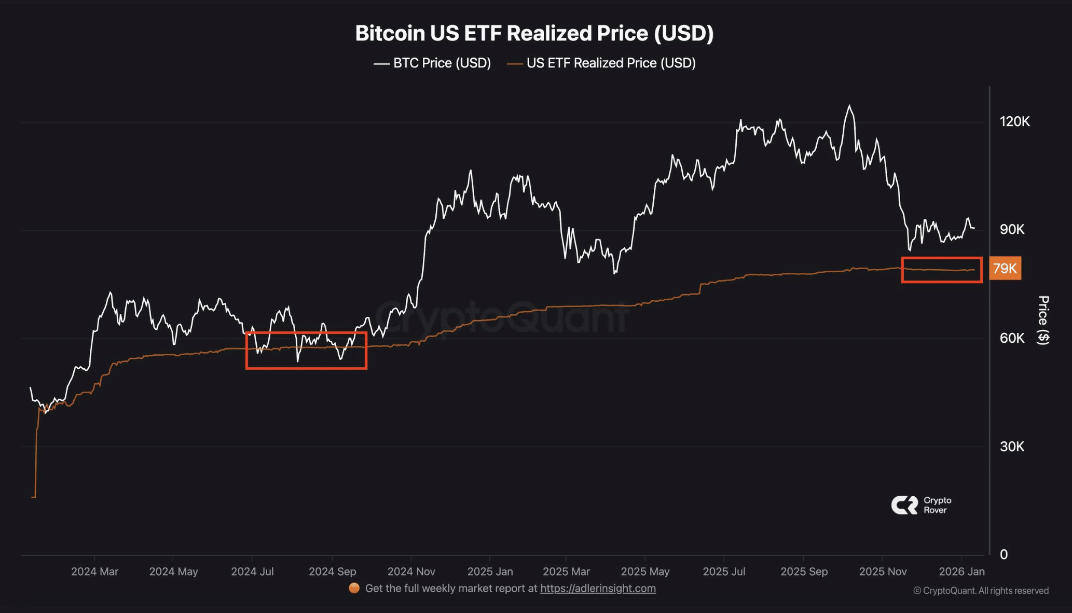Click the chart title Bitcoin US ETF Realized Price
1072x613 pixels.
coord(534,33)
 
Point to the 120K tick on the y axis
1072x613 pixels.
coord(1014,122)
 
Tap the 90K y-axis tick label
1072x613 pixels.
coord(1012,230)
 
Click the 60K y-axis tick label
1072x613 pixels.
coord(1012,338)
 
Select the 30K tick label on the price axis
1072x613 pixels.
coord(1012,447)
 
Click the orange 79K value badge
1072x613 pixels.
coord(1005,269)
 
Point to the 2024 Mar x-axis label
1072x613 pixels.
coord(94,572)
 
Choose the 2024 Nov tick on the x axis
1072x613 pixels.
coord(411,572)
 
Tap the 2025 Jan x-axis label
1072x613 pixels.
coord(490,572)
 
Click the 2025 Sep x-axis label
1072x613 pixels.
coord(804,572)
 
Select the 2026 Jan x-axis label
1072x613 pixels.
coord(961,572)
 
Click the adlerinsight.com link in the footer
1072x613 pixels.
coord(598,589)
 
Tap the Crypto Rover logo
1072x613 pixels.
coord(921,505)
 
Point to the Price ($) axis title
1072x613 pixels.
coord(1043,320)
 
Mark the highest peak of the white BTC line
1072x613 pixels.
coord(849,106)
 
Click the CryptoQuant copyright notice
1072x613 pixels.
coord(981,591)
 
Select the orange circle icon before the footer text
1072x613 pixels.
coord(354,588)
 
